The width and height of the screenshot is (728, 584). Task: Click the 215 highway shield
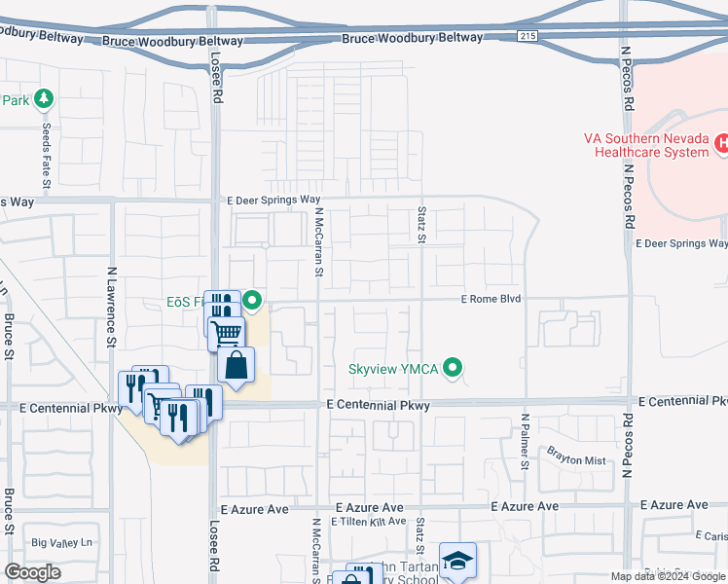pyautogui.click(x=527, y=35)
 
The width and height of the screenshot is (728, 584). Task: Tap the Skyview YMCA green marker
pyautogui.click(x=452, y=368)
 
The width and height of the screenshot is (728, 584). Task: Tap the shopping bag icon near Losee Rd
pyautogui.click(x=237, y=367)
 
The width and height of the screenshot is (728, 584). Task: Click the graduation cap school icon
pyautogui.click(x=456, y=561)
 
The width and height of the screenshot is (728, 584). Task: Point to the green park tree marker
pyautogui.click(x=43, y=98)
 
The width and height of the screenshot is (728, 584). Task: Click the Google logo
pyautogui.click(x=32, y=572)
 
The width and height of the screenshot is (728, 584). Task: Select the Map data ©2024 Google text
pyautogui.click(x=668, y=576)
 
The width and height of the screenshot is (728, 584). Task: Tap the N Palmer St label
pyautogui.click(x=524, y=441)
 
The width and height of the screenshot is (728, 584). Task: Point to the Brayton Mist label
pyautogui.click(x=576, y=459)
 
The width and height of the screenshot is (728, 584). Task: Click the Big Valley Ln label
pyautogui.click(x=65, y=542)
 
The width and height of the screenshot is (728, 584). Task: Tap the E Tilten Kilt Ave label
pyautogui.click(x=368, y=522)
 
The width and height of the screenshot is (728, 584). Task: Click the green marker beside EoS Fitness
pyautogui.click(x=252, y=301)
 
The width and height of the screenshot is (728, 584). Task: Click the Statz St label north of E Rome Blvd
pyautogui.click(x=421, y=225)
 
